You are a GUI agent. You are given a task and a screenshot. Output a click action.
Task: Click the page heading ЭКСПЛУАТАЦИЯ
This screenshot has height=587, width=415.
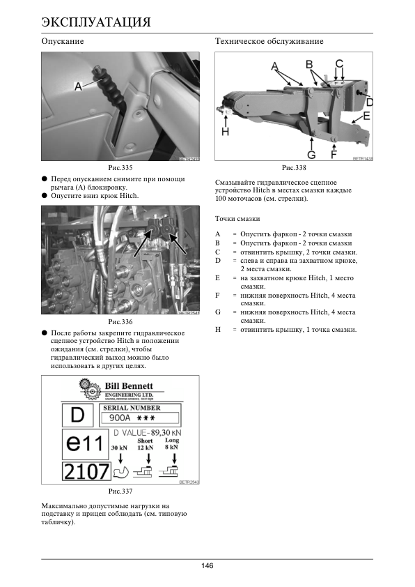pyautogui.click(x=96, y=22)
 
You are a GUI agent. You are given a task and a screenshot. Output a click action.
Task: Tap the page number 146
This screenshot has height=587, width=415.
pyautogui.click(x=207, y=565)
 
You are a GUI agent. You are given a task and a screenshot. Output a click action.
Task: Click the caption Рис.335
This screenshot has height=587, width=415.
pyautogui.click(x=120, y=168)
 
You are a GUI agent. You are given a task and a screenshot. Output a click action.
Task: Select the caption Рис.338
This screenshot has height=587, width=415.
pyautogui.click(x=294, y=168)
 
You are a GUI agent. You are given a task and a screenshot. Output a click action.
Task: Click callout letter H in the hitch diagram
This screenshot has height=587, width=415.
pyautogui.click(x=225, y=131)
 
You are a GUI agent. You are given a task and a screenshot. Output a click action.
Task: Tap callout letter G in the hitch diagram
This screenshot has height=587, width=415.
pyautogui.click(x=311, y=155)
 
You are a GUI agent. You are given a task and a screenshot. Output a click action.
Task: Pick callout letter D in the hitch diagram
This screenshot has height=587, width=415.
pyautogui.click(x=369, y=102)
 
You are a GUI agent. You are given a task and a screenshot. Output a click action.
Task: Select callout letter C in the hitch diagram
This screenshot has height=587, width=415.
pyautogui.click(x=339, y=63)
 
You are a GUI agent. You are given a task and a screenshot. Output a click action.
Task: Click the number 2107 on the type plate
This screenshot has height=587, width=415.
pyautogui.click(x=86, y=471)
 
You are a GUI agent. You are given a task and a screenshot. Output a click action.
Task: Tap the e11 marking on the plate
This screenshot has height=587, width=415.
pyautogui.click(x=84, y=444)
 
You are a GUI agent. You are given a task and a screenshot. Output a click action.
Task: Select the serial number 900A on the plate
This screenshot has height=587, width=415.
pyautogui.click(x=120, y=418)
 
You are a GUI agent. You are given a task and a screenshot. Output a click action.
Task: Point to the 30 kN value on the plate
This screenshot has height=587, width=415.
pyautogui.click(x=119, y=448)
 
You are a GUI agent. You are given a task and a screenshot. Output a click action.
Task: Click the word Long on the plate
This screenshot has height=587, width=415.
pyautogui.click(x=172, y=441)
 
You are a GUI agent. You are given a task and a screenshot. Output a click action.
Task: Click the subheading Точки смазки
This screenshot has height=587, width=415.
pyautogui.click(x=237, y=219)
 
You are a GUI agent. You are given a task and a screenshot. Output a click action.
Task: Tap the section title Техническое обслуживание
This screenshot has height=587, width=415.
pyautogui.click(x=269, y=41)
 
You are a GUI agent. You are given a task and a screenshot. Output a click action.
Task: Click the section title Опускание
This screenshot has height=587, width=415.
pyautogui.click(x=63, y=41)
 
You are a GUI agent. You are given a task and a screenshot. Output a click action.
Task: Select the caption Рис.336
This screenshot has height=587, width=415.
pyautogui.click(x=120, y=321)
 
